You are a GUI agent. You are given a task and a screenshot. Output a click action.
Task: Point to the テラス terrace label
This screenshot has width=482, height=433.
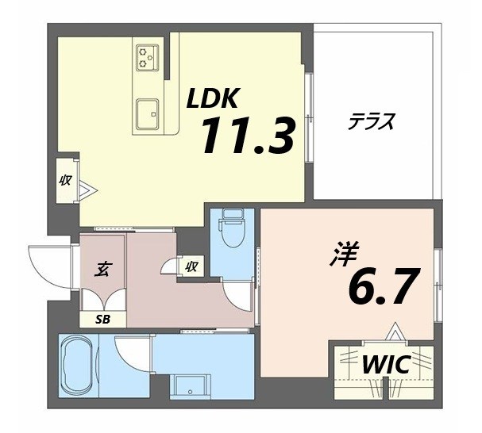point(372,123)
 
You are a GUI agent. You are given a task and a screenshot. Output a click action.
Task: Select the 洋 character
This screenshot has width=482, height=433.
point(345,256)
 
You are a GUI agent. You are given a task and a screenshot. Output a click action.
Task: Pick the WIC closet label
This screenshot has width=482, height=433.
point(386,366)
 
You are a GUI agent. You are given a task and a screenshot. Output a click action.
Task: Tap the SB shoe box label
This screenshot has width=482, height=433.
point(104,320)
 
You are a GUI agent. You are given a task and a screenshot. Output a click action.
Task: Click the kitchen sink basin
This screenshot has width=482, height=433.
point(148,113)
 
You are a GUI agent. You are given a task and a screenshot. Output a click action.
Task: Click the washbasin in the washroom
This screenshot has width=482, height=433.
point(190,387)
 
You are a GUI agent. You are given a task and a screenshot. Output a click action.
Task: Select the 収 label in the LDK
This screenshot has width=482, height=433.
point(66,180)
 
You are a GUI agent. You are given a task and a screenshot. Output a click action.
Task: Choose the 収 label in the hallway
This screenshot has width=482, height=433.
point(191,267)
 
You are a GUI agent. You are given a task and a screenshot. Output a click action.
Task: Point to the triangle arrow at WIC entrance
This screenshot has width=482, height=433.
point(394,331)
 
